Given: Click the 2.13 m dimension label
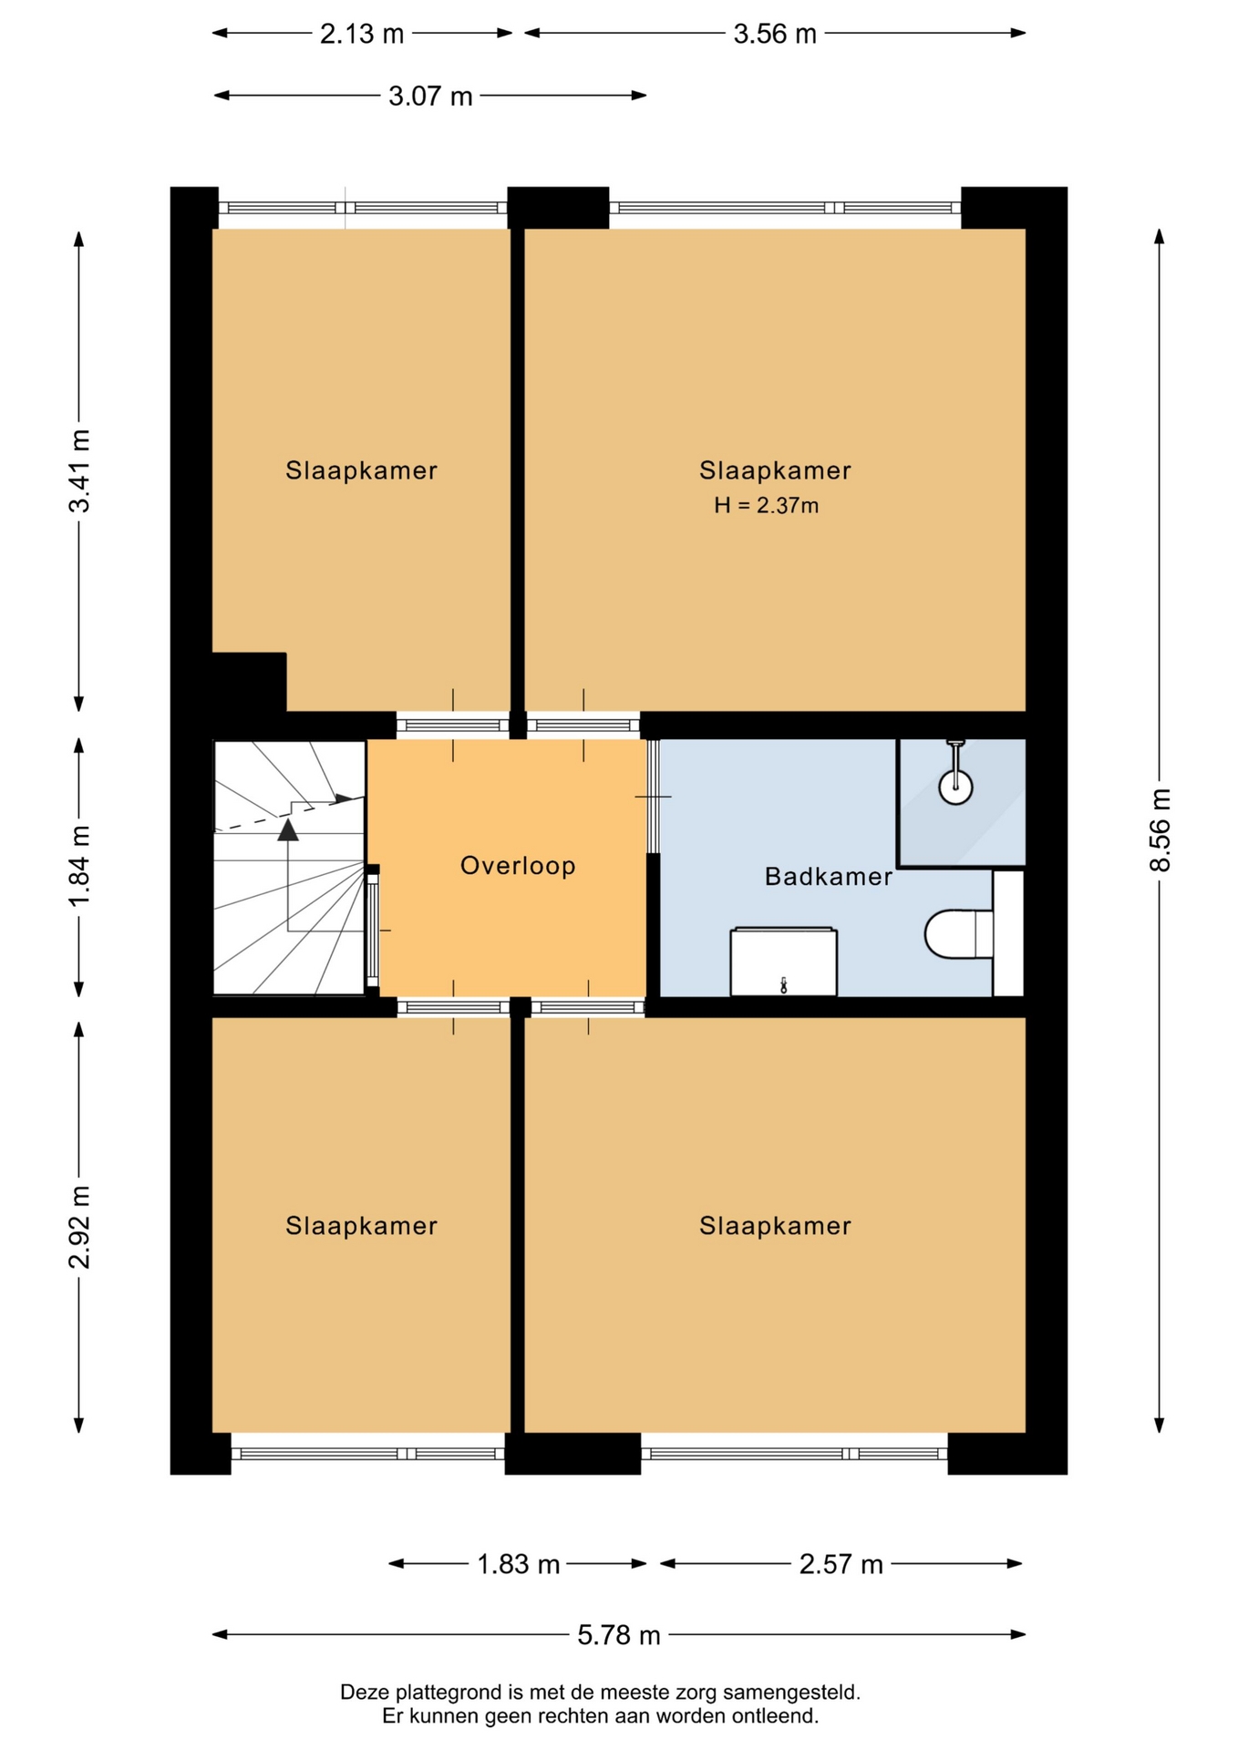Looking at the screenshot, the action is point(361,34).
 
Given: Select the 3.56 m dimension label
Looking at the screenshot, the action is point(775,34).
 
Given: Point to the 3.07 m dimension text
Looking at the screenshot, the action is point(430,96).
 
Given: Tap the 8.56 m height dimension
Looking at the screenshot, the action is point(1160,829).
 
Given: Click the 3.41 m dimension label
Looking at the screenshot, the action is point(80,470).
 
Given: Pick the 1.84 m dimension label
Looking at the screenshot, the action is point(80,866).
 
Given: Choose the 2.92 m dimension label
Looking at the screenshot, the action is point(80,1227).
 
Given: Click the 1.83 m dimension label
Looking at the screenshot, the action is point(518,1564).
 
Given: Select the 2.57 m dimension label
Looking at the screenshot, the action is point(841,1564).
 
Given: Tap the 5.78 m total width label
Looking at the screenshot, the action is point(618,1635).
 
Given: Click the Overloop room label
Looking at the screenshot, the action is point(518,865).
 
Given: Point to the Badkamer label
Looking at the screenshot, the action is point(828,877).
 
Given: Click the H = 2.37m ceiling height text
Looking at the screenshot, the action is point(766,505).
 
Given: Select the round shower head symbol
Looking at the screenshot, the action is point(956,787).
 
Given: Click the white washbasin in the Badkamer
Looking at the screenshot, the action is point(784,962).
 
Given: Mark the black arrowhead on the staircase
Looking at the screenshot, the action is point(288,829).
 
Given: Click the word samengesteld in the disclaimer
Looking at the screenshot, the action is point(791,1693).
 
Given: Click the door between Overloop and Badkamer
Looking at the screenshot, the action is point(653,797).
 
